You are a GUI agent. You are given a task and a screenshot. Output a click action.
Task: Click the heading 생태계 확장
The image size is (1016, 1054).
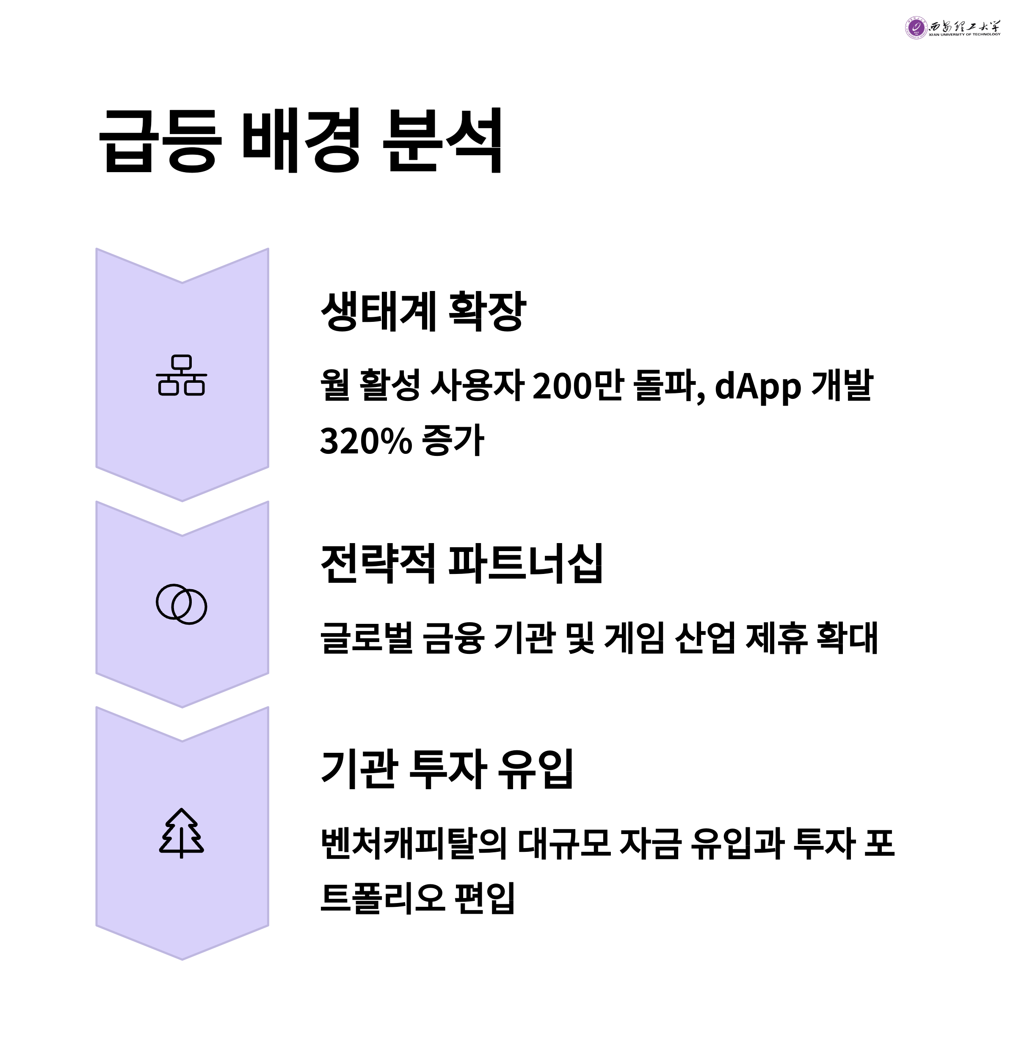pyautogui.click(x=423, y=311)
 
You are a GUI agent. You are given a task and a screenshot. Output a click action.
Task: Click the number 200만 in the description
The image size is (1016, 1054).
pyautogui.click(x=577, y=386)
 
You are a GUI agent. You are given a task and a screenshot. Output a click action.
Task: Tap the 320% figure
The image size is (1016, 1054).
pyautogui.click(x=366, y=441)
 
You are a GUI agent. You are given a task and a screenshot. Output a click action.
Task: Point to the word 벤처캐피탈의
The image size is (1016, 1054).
pyautogui.click(x=413, y=843)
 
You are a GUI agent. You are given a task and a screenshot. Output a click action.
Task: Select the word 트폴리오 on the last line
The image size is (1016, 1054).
pyautogui.click(x=383, y=898)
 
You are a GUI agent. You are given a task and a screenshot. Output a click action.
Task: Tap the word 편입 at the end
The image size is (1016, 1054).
pyautogui.click(x=485, y=898)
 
